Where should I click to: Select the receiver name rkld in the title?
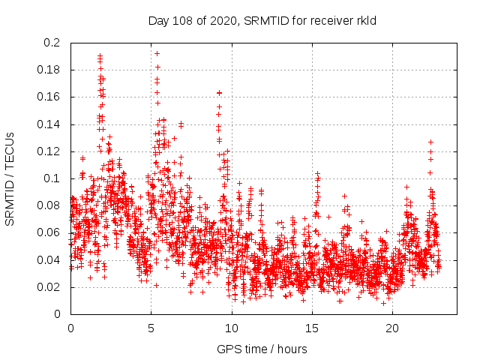(364, 21)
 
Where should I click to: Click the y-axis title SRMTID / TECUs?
(10, 178)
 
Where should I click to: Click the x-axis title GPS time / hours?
(262, 349)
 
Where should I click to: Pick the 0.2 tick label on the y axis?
(51, 43)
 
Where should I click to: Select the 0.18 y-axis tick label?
(48, 70)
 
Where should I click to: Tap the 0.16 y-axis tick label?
(48, 97)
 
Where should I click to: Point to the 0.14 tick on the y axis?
(48, 124)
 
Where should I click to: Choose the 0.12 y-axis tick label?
(48, 151)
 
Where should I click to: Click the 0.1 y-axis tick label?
(51, 178)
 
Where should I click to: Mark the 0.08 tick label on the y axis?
(48, 205)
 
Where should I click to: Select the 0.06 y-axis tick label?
(48, 232)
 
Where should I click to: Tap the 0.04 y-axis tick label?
(48, 259)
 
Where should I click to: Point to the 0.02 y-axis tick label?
(48, 286)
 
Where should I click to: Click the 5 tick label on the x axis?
(151, 328)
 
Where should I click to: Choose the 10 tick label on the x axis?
(232, 328)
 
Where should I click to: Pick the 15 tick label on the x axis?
(312, 328)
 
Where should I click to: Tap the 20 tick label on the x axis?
(393, 328)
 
